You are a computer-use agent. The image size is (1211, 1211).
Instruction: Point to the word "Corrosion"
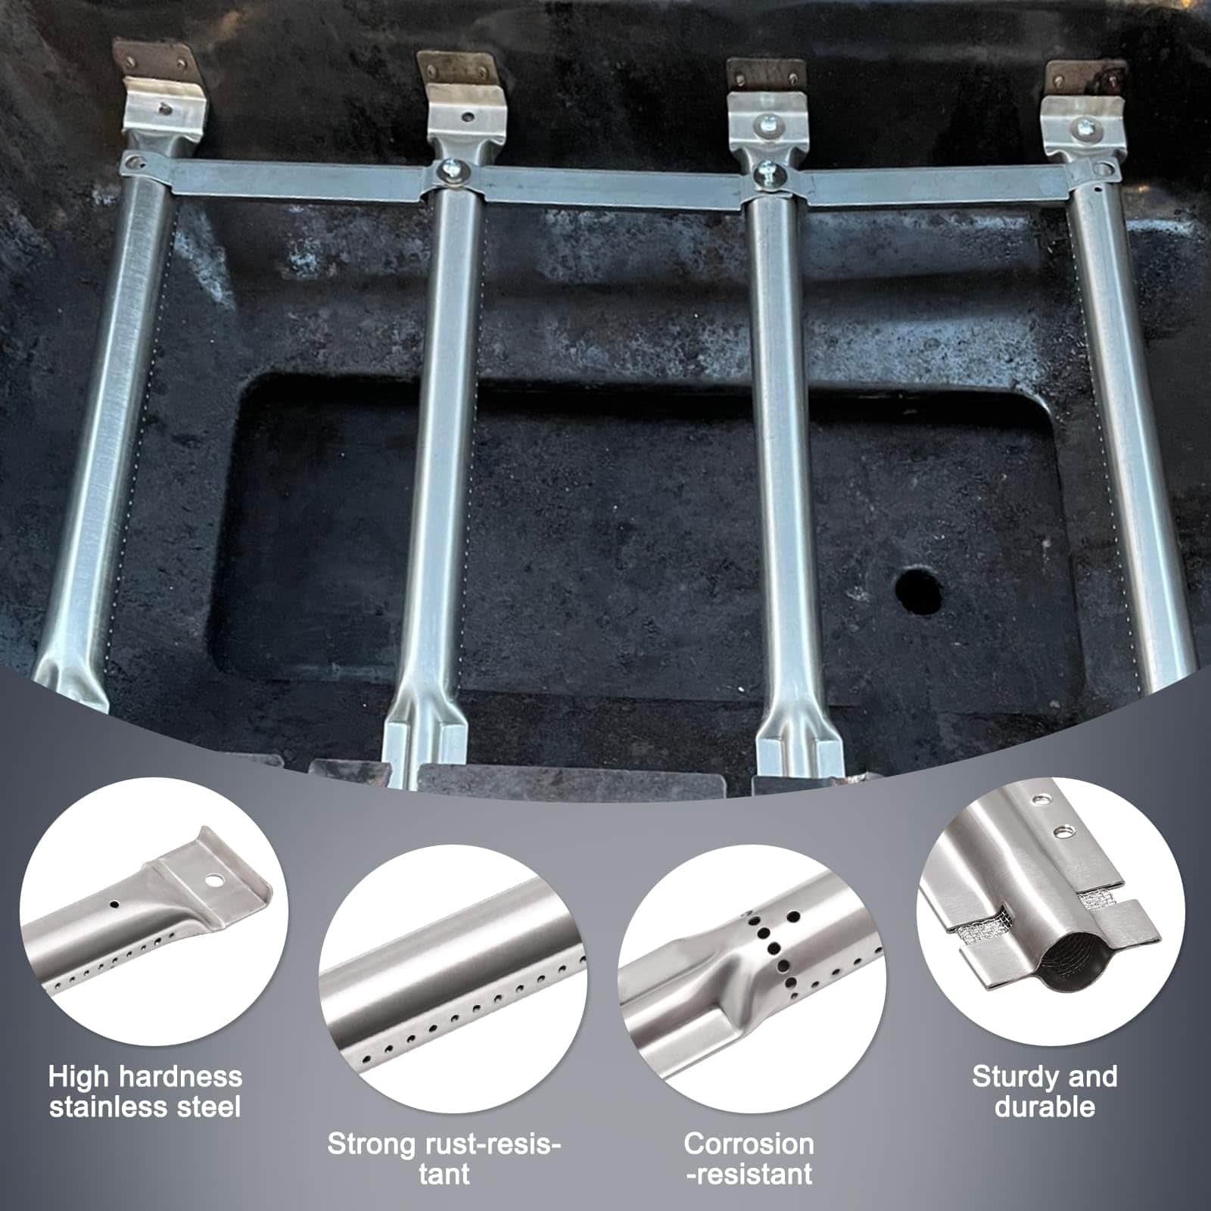coord(749,1144)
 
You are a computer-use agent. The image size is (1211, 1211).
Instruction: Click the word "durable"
coord(1044,1107)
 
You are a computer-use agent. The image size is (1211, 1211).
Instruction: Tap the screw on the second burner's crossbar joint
coord(456,173)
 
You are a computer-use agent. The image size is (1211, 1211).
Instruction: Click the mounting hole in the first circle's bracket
coord(216,881)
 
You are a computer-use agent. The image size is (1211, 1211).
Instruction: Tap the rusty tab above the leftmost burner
coord(151,58)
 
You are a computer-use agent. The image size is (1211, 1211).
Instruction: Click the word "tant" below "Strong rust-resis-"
coord(444,1174)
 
